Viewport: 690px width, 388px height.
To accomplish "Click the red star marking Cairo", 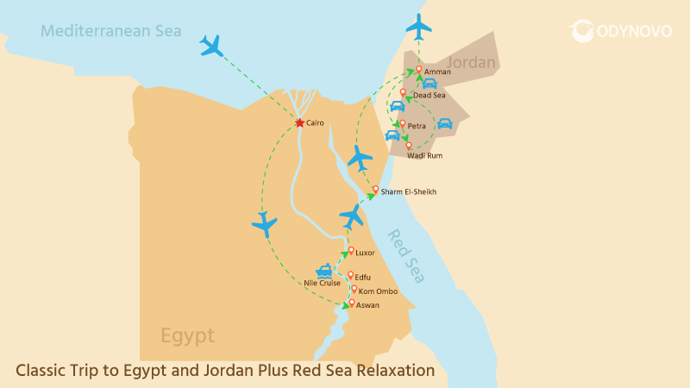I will coord(299,123).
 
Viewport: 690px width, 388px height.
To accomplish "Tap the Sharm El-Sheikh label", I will coord(409,191).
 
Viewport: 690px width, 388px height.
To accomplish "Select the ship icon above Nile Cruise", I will coord(324,270).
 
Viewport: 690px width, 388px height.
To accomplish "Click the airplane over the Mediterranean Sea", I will coord(211,45).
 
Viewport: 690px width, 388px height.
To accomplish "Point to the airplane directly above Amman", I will coord(419,26).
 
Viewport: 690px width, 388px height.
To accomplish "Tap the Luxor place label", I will coord(367,253).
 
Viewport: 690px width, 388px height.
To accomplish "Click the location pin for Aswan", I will coord(352,303).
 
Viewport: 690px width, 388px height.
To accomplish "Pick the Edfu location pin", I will coord(350,275).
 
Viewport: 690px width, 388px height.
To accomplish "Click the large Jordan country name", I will coord(474,63).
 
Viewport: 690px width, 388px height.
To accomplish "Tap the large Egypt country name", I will coord(187,335).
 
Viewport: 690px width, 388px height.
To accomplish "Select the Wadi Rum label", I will coord(424,155).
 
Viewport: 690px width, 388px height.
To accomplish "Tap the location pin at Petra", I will coord(402,123).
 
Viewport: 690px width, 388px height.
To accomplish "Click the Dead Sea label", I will coord(429,95).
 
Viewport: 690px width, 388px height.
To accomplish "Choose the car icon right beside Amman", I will coord(429,84).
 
